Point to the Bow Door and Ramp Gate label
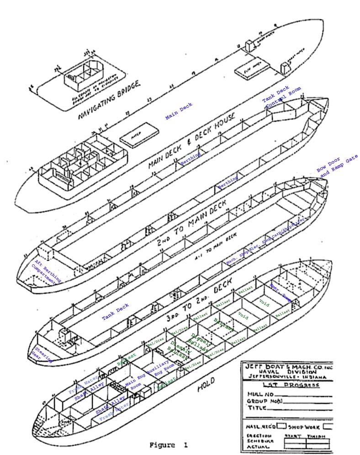(x=338, y=167)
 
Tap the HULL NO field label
(x=260, y=394)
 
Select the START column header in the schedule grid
(x=293, y=436)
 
